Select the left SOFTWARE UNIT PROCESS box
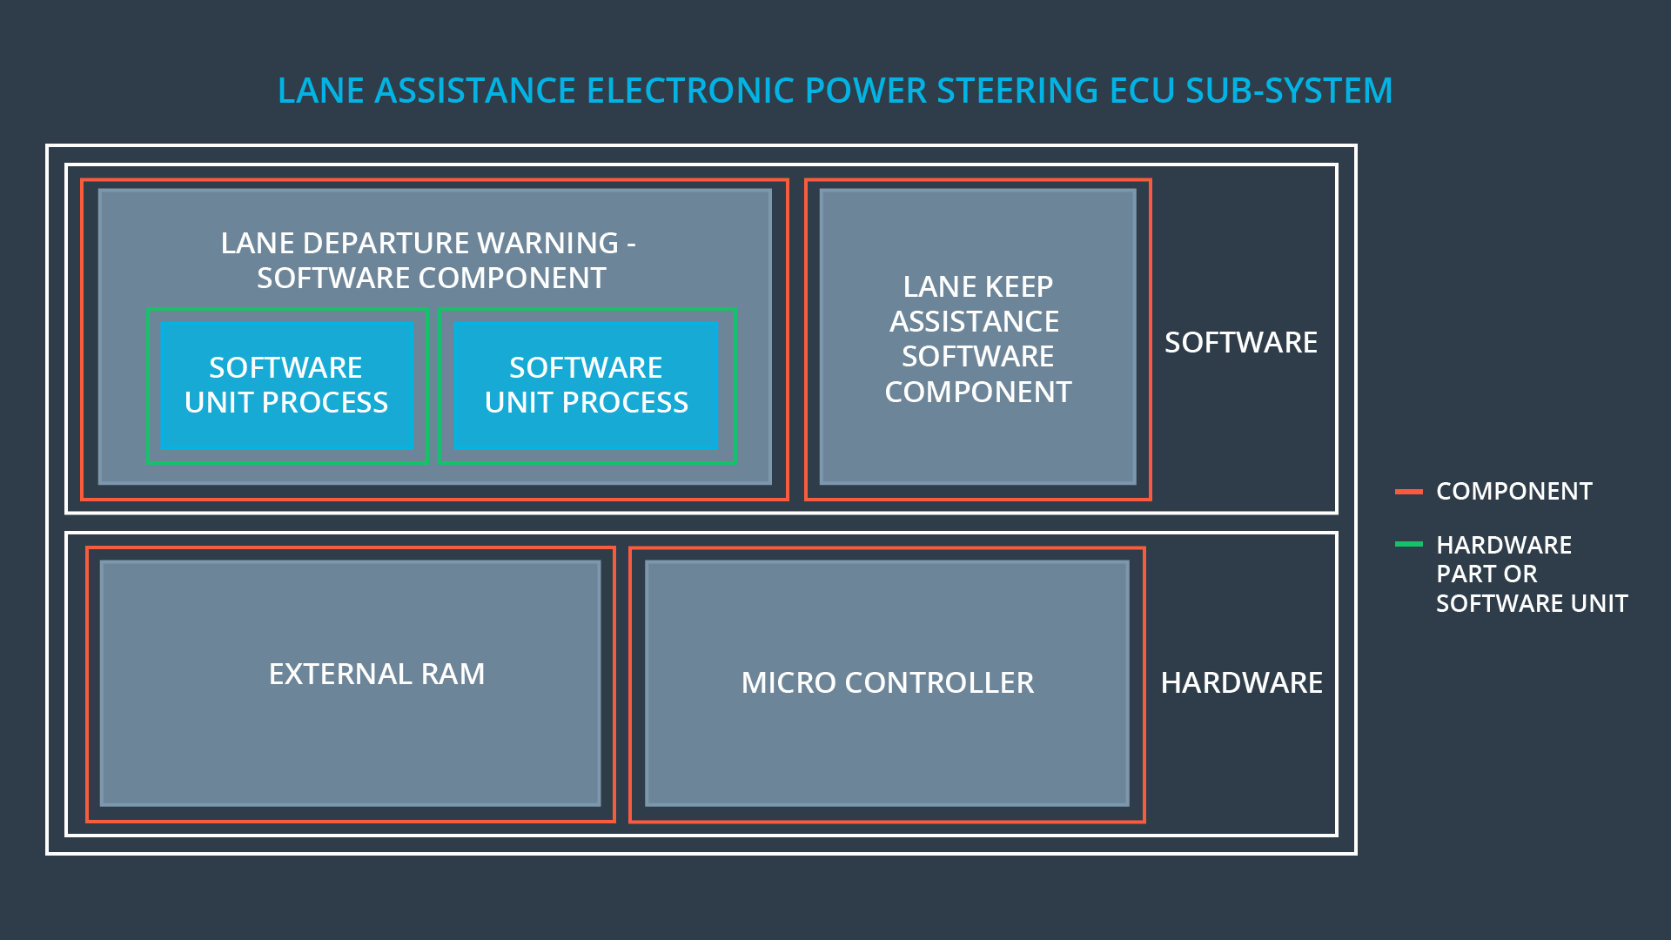tap(286, 386)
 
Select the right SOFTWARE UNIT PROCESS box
tap(586, 386)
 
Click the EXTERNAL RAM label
tap(376, 674)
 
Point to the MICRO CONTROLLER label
tap(887, 682)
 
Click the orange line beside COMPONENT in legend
tap(1408, 492)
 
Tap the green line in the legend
tap(1408, 545)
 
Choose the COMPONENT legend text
tap(1513, 492)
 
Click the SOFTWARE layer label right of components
tap(1240, 343)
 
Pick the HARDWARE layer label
tap(1241, 683)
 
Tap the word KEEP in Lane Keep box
tap(1018, 287)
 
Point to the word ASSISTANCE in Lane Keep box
tap(974, 322)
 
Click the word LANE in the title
tap(322, 91)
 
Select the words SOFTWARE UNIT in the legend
tap(1531, 604)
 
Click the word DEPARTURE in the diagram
tap(386, 244)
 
